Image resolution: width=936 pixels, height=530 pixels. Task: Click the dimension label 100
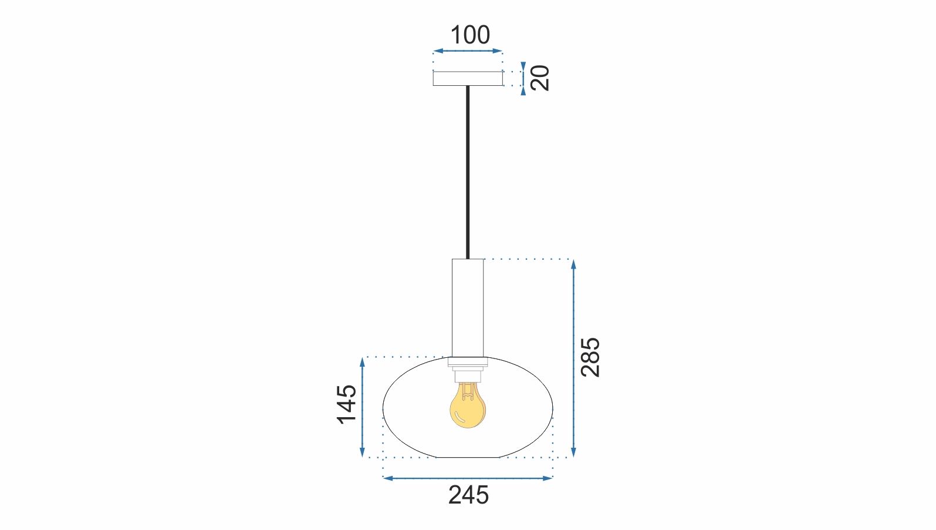tap(469, 35)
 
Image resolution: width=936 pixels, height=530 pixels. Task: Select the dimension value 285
tap(590, 357)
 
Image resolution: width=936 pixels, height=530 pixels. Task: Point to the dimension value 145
tap(347, 403)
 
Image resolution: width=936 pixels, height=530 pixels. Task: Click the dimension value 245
tap(468, 495)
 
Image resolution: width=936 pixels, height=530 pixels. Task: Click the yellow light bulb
tap(468, 409)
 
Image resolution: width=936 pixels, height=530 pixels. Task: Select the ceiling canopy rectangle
tap(468, 78)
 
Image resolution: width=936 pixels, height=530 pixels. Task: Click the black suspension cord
tap(468, 170)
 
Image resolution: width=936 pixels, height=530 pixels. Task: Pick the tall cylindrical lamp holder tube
tap(468, 307)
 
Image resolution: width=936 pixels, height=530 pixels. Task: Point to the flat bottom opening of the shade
tap(468, 457)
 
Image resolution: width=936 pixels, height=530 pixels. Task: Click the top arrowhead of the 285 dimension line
tap(573, 264)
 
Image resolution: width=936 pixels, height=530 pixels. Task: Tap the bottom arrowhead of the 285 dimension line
tap(573, 452)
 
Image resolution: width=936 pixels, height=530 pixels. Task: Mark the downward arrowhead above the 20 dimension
tap(523, 67)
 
